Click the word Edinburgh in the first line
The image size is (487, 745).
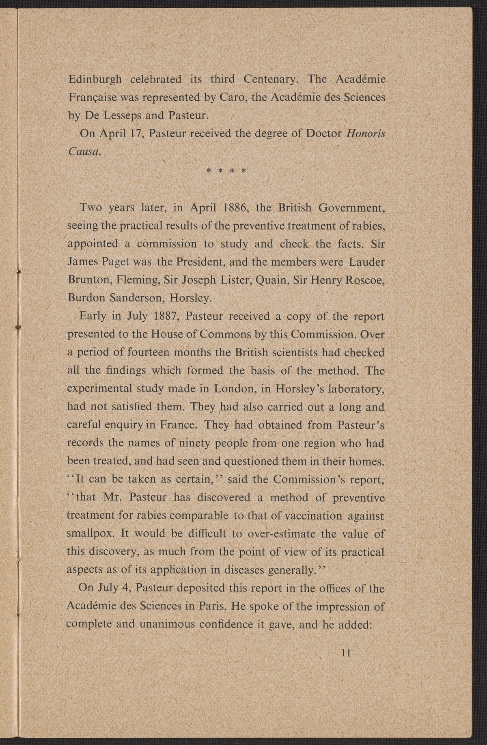pos(94,79)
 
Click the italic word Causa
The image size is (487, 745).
pos(83,152)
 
